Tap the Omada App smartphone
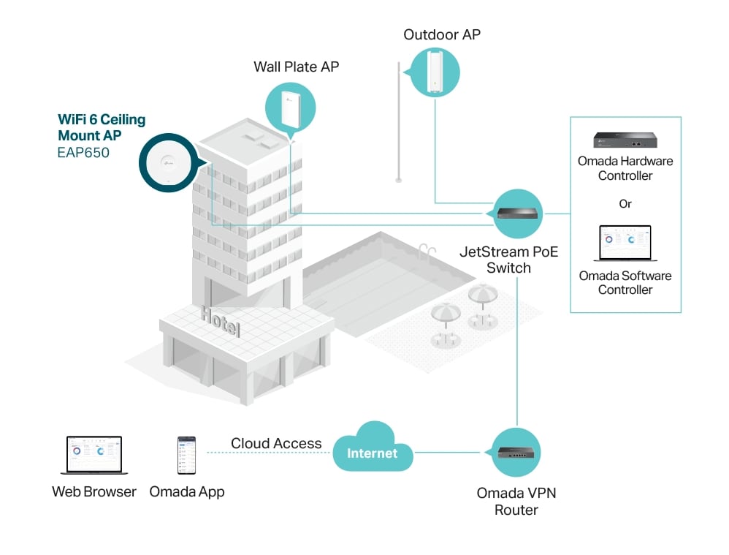pyautogui.click(x=186, y=456)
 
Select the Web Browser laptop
pyautogui.click(x=94, y=456)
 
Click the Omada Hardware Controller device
pyautogui.click(x=625, y=140)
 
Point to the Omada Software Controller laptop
pyautogui.click(x=625, y=243)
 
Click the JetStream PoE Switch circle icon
pyautogui.click(x=516, y=214)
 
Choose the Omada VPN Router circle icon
pyautogui.click(x=515, y=452)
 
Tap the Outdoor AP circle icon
pyautogui.click(x=434, y=72)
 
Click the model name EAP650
pyautogui.click(x=83, y=153)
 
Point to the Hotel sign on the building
pyautogui.click(x=221, y=321)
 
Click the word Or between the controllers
pyautogui.click(x=625, y=204)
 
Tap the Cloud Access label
pyautogui.click(x=276, y=443)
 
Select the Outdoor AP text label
pyautogui.click(x=442, y=34)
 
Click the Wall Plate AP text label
pyautogui.click(x=296, y=67)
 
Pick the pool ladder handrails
pyautogui.click(x=427, y=252)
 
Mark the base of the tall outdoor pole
pyautogui.click(x=398, y=179)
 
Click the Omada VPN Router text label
pyautogui.click(x=516, y=502)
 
